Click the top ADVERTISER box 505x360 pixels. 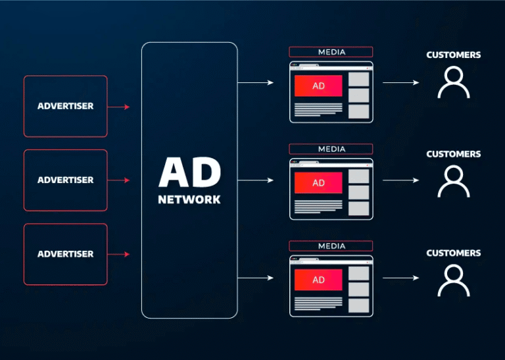pyautogui.click(x=65, y=106)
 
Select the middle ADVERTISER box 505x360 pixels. pyautogui.click(x=65, y=180)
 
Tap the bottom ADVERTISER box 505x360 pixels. pyautogui.click(x=65, y=254)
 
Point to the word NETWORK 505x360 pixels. pyautogui.click(x=189, y=199)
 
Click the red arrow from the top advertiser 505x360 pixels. pyautogui.click(x=118, y=107)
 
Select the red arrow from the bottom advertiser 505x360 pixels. pyautogui.click(x=118, y=254)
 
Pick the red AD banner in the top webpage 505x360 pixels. pyautogui.click(x=318, y=86)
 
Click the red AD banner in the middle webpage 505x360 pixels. pyautogui.click(x=318, y=183)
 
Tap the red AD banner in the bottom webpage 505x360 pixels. pyautogui.click(x=318, y=280)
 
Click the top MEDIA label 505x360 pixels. pyautogui.click(x=331, y=52)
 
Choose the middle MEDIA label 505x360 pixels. pyautogui.click(x=331, y=149)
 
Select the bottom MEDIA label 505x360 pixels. pyautogui.click(x=331, y=246)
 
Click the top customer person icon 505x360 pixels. pyautogui.click(x=454, y=83)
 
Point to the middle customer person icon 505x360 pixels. pyautogui.click(x=454, y=181)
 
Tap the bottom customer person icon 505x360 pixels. pyautogui.click(x=454, y=280)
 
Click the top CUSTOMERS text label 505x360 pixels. pyautogui.click(x=454, y=55)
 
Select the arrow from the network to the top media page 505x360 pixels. pyautogui.click(x=256, y=83)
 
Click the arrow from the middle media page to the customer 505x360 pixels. pyautogui.click(x=401, y=180)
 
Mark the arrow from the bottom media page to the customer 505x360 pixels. pyautogui.click(x=401, y=278)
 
